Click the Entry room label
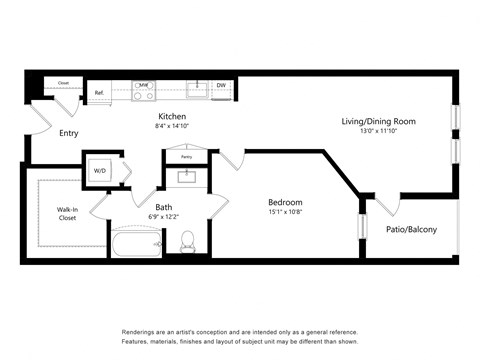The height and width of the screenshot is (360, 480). (x=69, y=133)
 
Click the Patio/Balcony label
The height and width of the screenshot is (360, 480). (x=410, y=229)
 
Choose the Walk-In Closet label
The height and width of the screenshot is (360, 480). (x=68, y=212)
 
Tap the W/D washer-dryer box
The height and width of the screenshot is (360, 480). (x=101, y=170)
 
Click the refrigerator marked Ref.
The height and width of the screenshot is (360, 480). (x=100, y=92)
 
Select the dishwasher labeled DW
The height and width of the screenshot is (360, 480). (x=221, y=87)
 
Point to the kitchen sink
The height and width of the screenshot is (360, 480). (x=197, y=87)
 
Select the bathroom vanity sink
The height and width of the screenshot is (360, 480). (x=186, y=177)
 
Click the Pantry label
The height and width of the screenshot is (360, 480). (x=186, y=157)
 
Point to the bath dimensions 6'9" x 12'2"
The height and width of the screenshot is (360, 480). (x=163, y=190)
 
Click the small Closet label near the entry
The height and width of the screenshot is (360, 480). (x=63, y=83)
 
